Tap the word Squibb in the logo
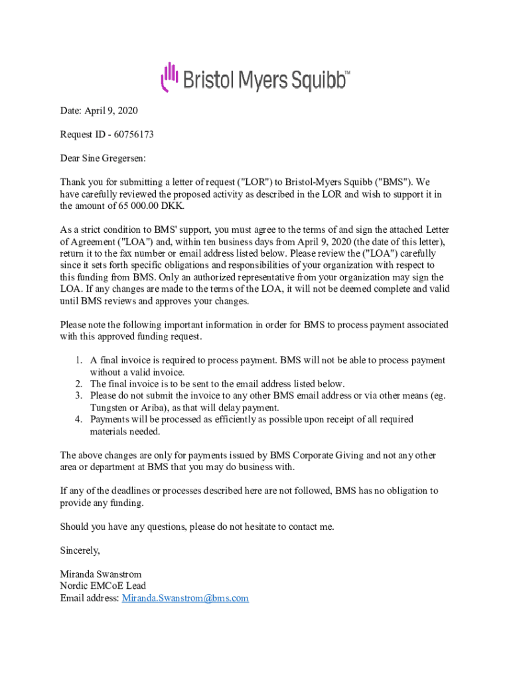coord(311,81)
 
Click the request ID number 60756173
coord(133,135)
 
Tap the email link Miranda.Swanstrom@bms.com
coord(185,598)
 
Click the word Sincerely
coord(80,550)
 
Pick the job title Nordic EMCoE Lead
coord(103,586)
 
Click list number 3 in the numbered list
coord(78,396)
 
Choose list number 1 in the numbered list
coord(78,361)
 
